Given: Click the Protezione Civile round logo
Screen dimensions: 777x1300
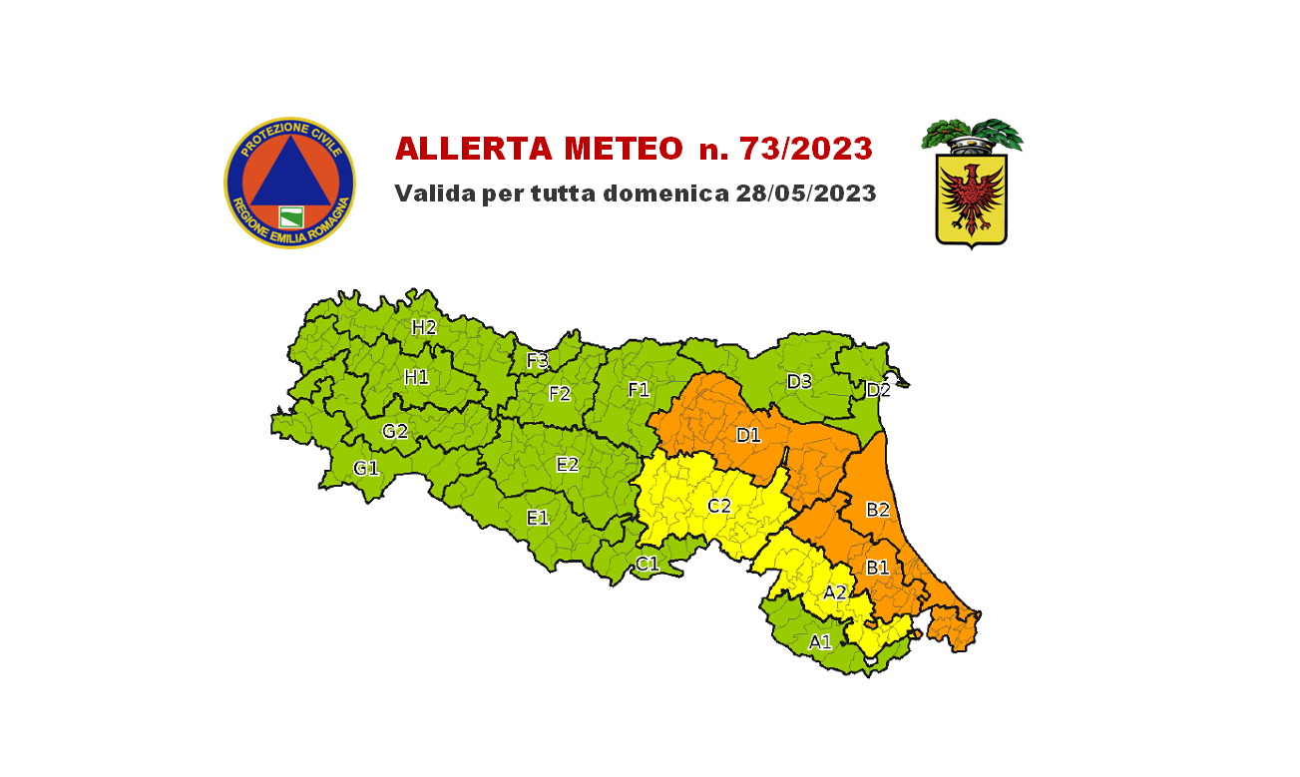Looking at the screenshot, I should click(289, 182).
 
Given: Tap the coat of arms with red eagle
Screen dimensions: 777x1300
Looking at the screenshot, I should click(971, 194).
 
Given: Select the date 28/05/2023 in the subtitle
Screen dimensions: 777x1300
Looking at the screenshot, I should click(806, 194).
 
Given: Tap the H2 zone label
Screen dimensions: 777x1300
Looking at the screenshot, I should click(424, 326).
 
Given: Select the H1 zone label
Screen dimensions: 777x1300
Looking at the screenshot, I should click(416, 377).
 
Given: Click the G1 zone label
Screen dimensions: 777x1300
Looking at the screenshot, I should click(366, 468).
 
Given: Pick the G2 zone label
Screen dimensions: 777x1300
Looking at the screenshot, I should click(395, 432).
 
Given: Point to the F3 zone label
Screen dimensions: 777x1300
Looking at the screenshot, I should click(538, 360).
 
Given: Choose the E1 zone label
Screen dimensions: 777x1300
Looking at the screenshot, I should click(538, 518).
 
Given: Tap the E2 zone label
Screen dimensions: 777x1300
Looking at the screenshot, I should click(567, 464).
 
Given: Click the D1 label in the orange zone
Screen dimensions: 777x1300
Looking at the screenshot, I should click(748, 435).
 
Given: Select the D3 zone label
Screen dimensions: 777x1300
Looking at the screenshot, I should click(799, 381).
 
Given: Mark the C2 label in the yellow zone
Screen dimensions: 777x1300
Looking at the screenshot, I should click(719, 506).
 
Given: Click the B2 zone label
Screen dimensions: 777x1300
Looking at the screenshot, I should click(877, 510).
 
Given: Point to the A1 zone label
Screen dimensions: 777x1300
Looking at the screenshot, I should click(820, 642).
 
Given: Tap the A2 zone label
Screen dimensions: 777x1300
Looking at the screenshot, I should click(835, 592).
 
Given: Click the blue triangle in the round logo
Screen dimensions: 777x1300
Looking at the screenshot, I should click(289, 171).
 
